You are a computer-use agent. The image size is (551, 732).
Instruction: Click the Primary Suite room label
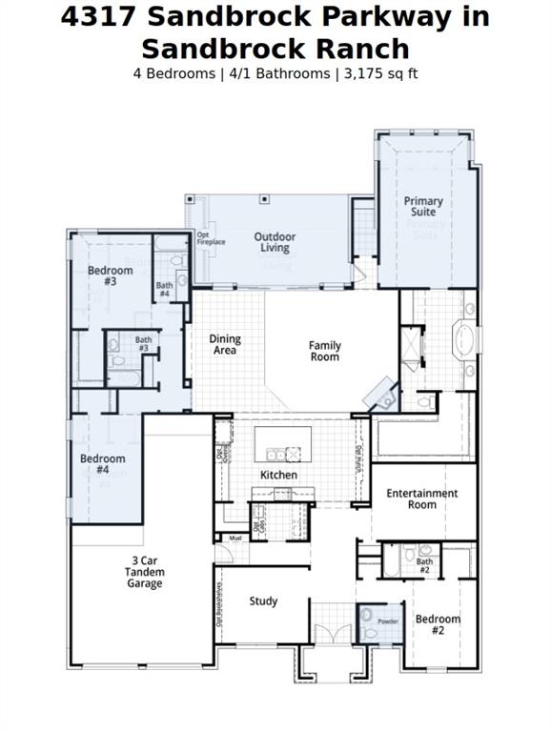point(422,207)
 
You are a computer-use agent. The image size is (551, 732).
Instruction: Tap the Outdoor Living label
point(275,242)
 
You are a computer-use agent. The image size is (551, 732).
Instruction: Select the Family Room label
point(324,351)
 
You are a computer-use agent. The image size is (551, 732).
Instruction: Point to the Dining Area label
point(225,344)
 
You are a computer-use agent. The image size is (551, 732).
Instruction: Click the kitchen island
point(282,443)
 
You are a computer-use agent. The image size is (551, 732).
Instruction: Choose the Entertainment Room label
point(421,498)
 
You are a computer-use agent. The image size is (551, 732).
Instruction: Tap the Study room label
point(263,601)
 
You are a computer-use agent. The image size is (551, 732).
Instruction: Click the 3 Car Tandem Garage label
point(144,572)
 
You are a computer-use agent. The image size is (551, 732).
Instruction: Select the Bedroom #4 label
point(102,464)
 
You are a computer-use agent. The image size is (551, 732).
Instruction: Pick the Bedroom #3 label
point(110,275)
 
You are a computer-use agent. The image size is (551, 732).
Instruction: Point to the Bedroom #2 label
point(438,624)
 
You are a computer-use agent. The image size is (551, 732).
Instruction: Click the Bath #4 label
point(165,289)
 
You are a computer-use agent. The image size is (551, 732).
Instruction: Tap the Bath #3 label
point(143,343)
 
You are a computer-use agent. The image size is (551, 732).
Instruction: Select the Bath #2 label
point(424,565)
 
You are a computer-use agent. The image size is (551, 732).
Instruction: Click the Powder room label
point(388,620)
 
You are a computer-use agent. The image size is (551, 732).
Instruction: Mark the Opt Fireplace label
point(211,238)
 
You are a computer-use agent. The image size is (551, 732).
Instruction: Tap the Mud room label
point(234,539)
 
